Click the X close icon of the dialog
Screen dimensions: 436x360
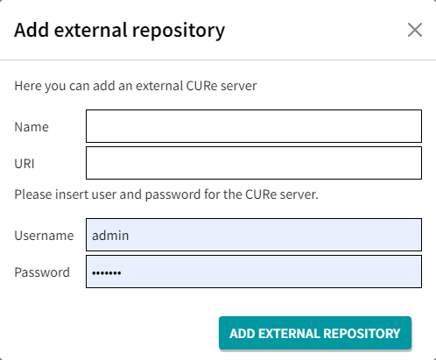pos(415,30)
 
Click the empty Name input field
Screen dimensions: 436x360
pos(254,126)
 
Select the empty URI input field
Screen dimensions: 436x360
pos(254,163)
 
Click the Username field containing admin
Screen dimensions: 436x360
pos(254,235)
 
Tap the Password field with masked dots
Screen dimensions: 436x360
pos(254,272)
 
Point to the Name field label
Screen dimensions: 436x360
pos(32,127)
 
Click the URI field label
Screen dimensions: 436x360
pos(25,164)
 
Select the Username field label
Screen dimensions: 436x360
pos(44,236)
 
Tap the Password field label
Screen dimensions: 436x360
pos(42,272)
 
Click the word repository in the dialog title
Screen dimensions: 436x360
pos(179,31)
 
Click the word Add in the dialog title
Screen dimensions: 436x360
pos(32,30)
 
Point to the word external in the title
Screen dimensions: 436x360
pos(90,30)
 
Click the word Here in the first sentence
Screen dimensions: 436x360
pos(25,86)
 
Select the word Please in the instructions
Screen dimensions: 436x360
pos(33,194)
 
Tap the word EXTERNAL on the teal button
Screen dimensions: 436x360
pos(289,334)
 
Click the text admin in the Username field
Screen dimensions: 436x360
pos(110,236)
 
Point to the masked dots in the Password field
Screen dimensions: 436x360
pos(107,273)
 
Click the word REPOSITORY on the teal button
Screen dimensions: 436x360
pos(362,334)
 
